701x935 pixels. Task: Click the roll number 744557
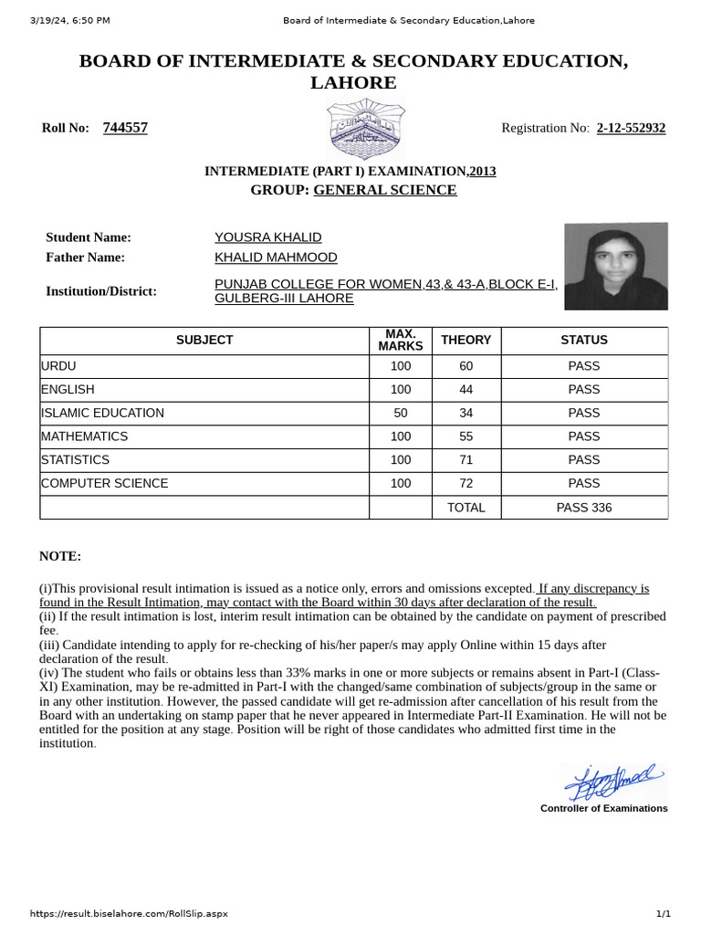click(x=125, y=128)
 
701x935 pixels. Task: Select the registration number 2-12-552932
click(x=631, y=128)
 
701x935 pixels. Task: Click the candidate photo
click(x=615, y=267)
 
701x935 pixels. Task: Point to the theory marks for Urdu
click(x=466, y=366)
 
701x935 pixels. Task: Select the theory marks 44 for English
click(x=466, y=390)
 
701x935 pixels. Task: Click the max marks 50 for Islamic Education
click(x=400, y=413)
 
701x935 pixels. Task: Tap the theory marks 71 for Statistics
click(x=466, y=460)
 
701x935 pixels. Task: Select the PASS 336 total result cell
click(x=584, y=508)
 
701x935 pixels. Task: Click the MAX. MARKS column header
click(x=400, y=340)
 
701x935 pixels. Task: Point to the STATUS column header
click(x=584, y=340)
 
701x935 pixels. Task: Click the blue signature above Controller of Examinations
click(x=610, y=781)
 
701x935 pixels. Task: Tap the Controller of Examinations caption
click(x=603, y=809)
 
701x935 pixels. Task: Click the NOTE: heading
click(x=60, y=556)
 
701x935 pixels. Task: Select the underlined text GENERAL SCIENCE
click(x=385, y=190)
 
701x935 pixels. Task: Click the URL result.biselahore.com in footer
click(x=129, y=914)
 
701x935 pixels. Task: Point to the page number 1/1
click(x=664, y=914)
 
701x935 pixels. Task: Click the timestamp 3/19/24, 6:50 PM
click(x=69, y=20)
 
